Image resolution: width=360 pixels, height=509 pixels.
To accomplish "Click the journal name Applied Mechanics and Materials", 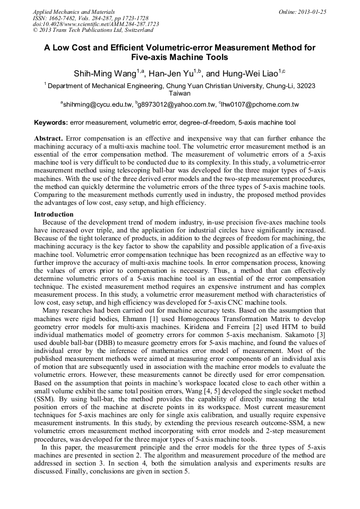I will pos(74,12).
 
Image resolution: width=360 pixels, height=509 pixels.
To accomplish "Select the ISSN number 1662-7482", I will pos(67,18).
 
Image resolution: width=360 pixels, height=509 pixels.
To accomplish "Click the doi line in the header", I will pos(96,24).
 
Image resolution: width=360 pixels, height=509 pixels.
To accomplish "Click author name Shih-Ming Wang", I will pos(99,73).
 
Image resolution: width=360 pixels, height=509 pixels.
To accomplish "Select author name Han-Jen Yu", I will pos(165,73).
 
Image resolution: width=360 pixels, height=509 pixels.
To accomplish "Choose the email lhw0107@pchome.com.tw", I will pos(261,105).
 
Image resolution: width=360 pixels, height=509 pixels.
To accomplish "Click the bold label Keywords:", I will pos(51,123).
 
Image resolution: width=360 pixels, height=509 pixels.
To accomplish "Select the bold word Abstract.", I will pos(48,138).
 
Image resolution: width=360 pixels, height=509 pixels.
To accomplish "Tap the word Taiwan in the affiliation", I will pos(179,93).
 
